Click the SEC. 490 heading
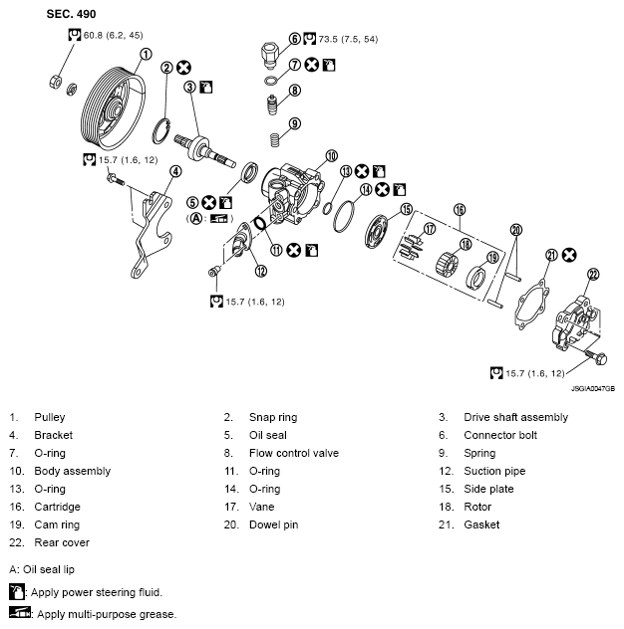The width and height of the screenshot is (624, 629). click(72, 15)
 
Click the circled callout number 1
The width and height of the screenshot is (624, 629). click(146, 55)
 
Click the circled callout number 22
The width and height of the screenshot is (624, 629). click(592, 275)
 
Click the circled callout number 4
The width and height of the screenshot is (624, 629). click(175, 171)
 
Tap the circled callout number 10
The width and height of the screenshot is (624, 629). click(331, 156)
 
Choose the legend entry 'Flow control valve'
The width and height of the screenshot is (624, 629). click(294, 453)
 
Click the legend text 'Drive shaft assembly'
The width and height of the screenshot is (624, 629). click(516, 417)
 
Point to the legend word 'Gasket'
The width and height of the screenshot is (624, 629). click(482, 524)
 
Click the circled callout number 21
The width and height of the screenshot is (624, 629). click(551, 255)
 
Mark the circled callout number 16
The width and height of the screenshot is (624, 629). click(460, 209)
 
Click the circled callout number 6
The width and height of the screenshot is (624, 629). click(295, 39)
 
